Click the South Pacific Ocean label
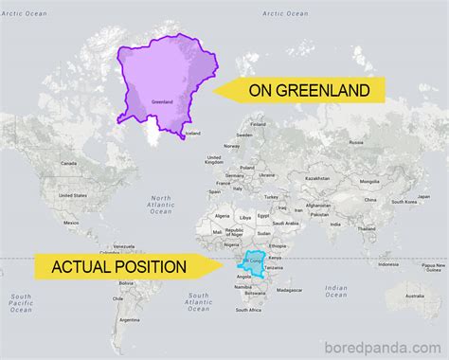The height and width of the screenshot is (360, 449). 21,303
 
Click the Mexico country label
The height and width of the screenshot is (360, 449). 70,223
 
